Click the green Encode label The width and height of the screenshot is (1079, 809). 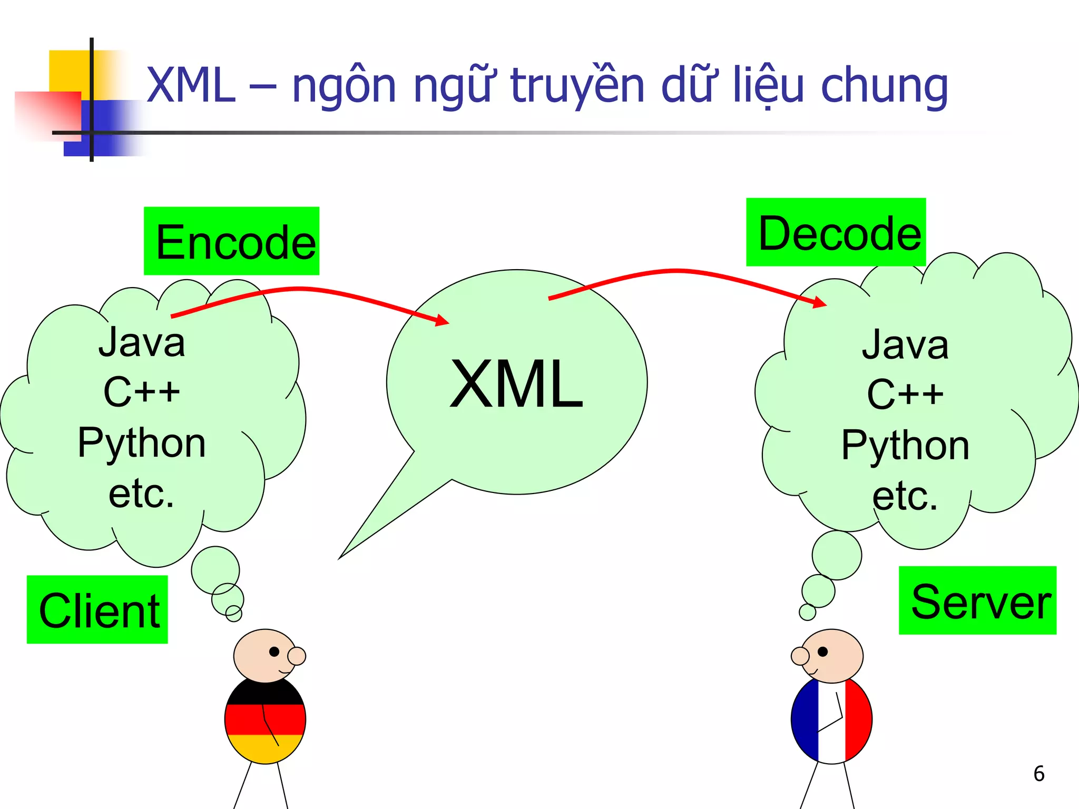(x=231, y=241)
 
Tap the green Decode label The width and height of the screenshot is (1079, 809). (x=836, y=232)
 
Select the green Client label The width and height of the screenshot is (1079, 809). (x=97, y=609)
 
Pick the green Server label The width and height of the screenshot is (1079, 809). (x=977, y=600)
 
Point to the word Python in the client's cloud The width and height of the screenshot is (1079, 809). (x=141, y=442)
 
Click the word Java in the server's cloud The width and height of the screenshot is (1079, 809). (x=905, y=344)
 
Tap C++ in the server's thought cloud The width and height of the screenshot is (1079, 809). (x=905, y=394)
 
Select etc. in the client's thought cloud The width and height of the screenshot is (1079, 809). (x=141, y=493)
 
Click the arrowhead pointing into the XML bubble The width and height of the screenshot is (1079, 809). (x=442, y=320)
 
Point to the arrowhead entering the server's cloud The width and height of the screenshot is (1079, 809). (x=820, y=302)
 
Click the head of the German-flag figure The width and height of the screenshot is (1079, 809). (x=265, y=655)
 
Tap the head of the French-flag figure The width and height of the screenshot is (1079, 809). (x=832, y=655)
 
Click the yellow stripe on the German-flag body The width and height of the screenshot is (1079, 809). (x=265, y=748)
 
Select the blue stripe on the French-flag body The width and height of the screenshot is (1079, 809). (x=805, y=719)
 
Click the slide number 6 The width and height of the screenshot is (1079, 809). (x=1038, y=774)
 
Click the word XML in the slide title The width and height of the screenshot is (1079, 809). (x=191, y=85)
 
